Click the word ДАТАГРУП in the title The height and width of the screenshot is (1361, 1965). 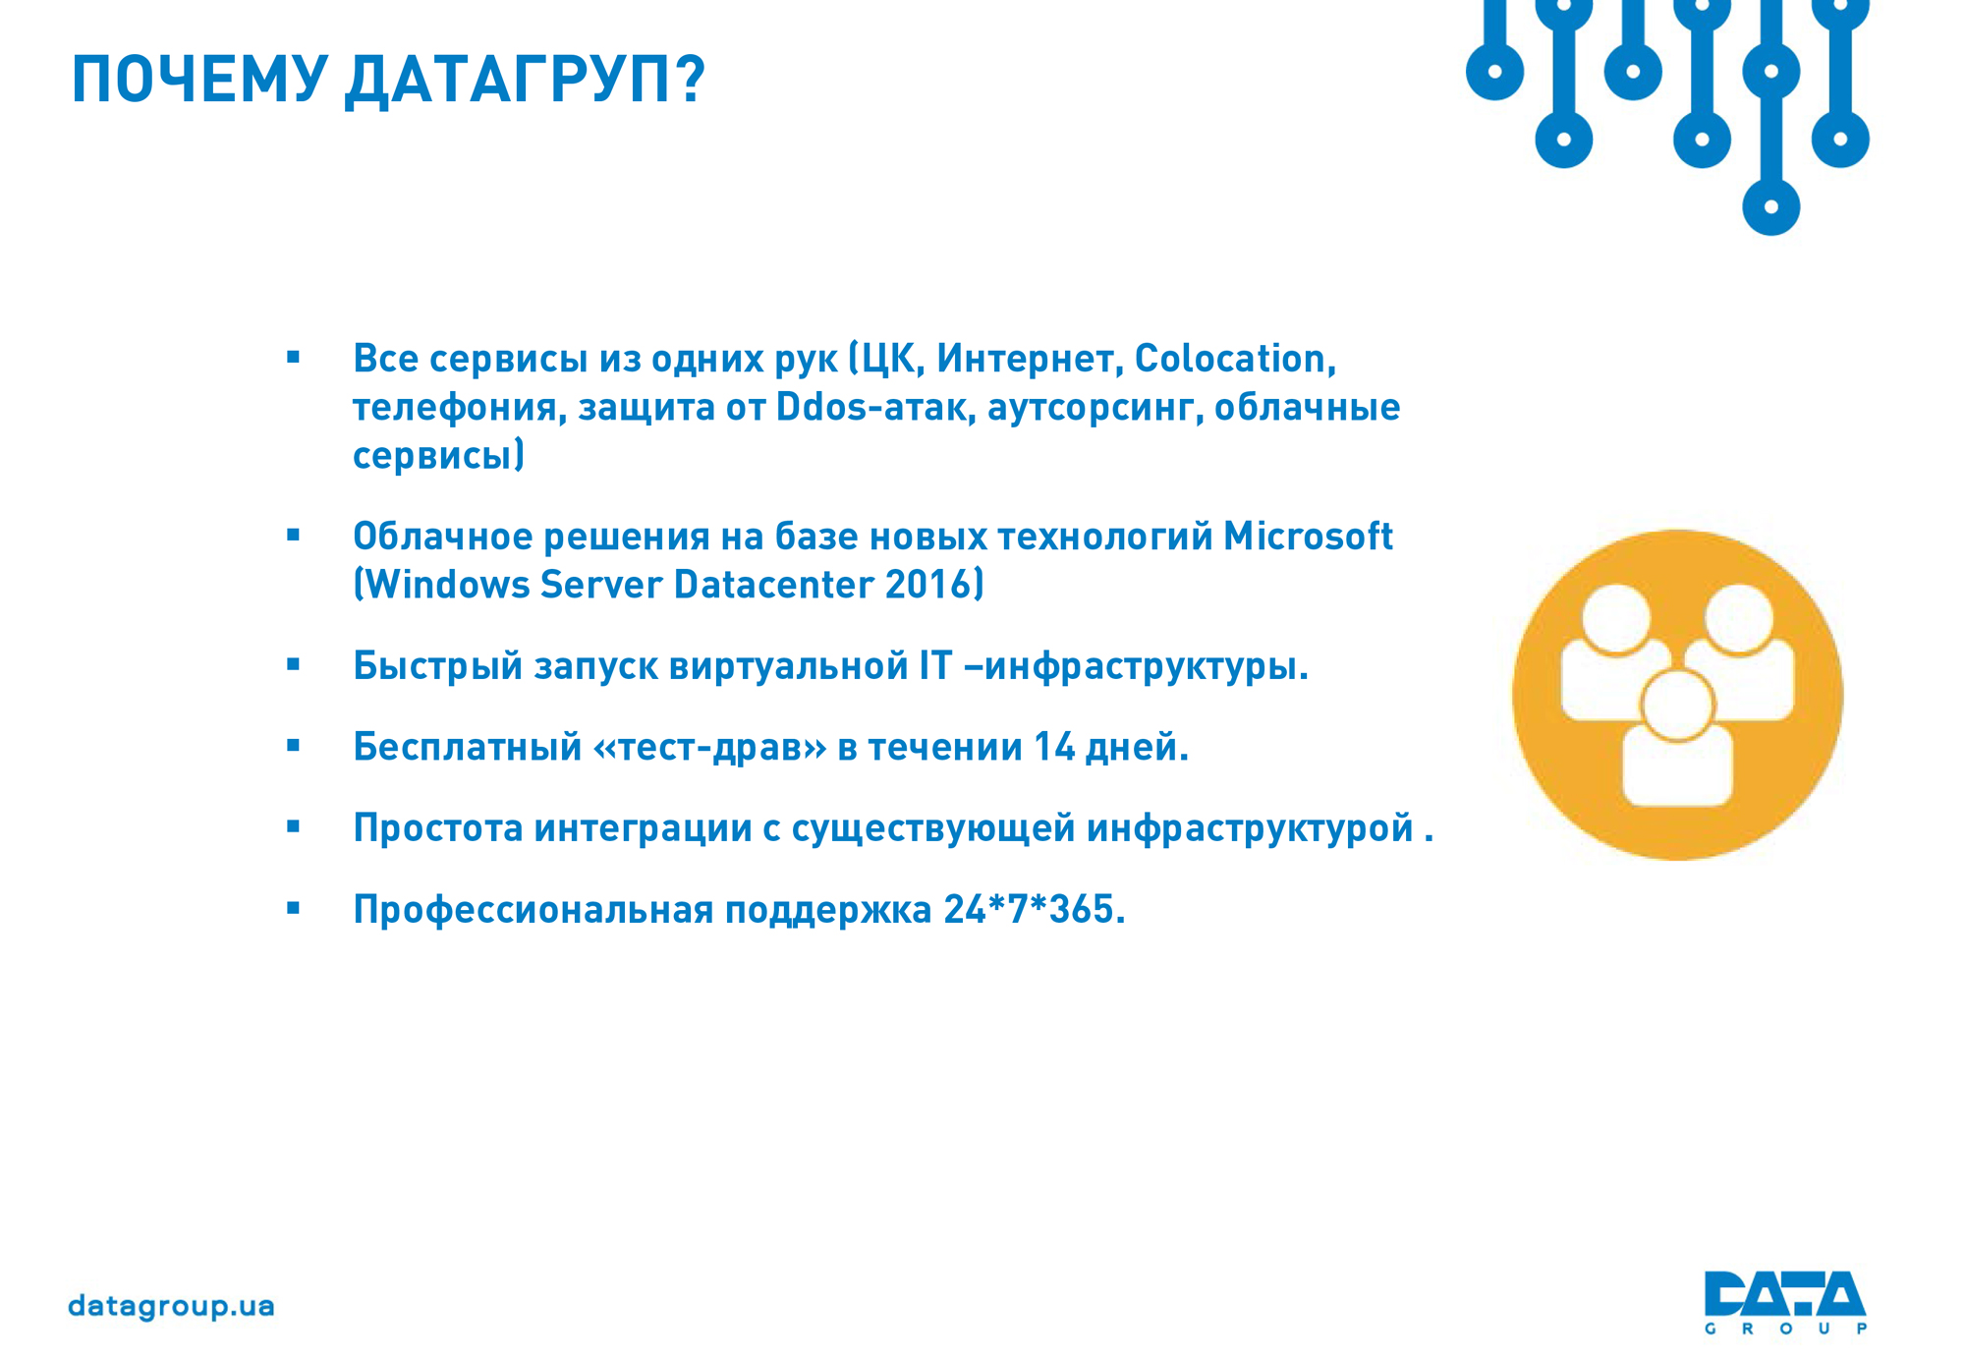[525, 80]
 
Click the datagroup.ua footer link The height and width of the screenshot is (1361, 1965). [171, 1307]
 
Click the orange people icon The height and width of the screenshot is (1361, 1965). [1677, 695]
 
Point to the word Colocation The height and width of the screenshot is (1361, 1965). [1235, 359]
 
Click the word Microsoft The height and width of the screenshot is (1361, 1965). [1308, 537]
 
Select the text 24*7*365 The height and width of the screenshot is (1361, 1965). [1034, 909]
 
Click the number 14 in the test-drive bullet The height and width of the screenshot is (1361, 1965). [1054, 747]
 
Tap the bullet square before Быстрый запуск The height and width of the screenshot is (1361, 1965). [293, 665]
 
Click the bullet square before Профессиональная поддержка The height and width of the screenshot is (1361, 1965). [293, 909]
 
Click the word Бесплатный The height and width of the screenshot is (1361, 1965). [468, 747]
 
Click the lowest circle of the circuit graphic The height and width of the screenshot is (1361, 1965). [1770, 207]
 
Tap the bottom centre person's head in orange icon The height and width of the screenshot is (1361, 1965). [1677, 705]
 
